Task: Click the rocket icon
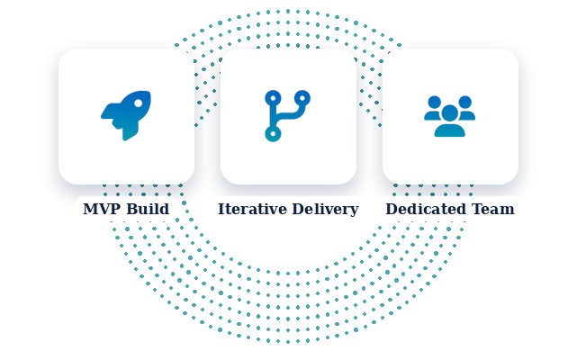point(126,115)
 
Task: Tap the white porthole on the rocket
point(139,103)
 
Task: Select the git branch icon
point(287,116)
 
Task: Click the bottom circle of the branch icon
point(273,133)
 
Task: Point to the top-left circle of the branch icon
point(273,98)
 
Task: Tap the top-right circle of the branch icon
point(302,98)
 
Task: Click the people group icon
point(450,116)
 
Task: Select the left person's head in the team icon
point(435,102)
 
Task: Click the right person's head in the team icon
point(465,102)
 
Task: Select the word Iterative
point(252,209)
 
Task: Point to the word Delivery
point(325,210)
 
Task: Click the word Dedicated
point(427,209)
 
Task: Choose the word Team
point(493,209)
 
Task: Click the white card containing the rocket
point(126,116)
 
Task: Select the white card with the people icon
point(450,116)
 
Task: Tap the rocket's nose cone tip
point(149,92)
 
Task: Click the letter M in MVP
point(90,209)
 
